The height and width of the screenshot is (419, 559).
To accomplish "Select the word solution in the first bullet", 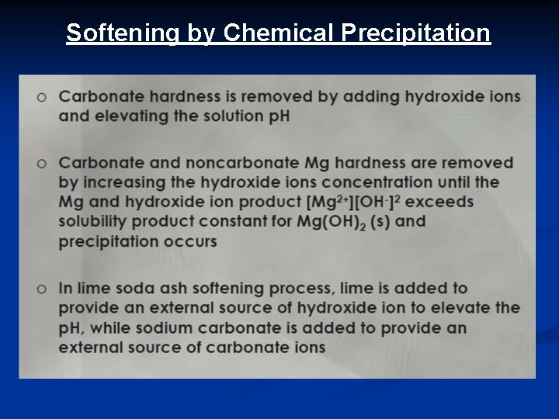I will (241, 116).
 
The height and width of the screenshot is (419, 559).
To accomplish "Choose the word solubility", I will (95, 221).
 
